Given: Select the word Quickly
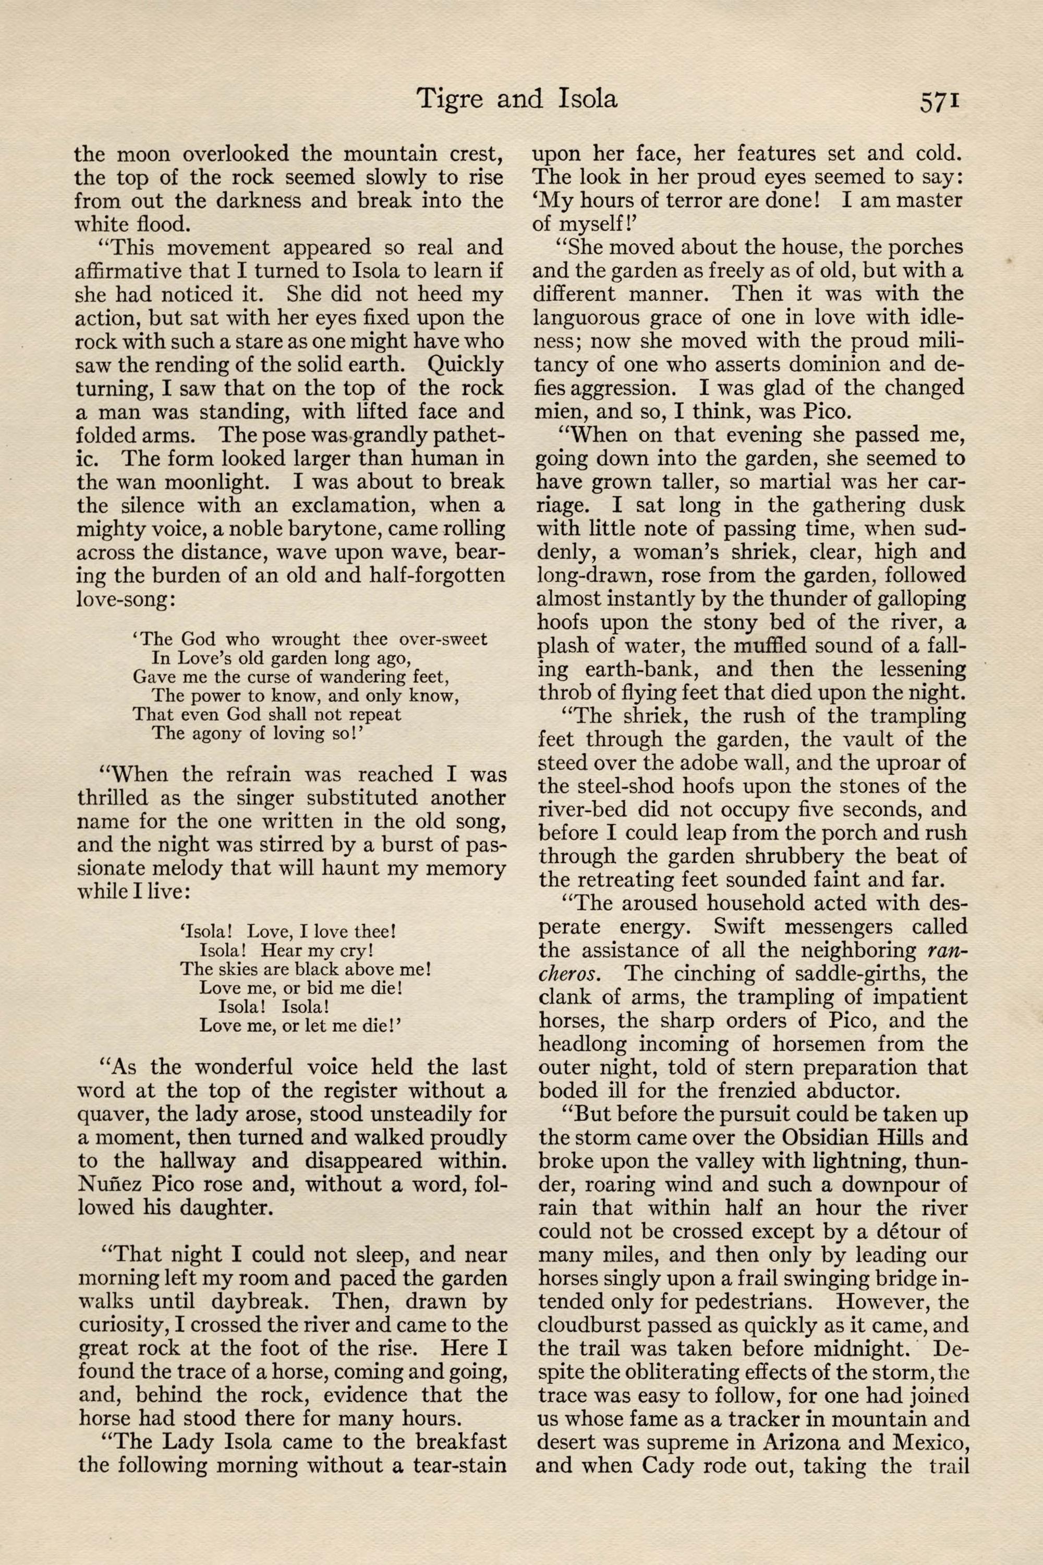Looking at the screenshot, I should [x=466, y=365].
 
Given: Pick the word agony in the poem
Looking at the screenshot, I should [x=213, y=733].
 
